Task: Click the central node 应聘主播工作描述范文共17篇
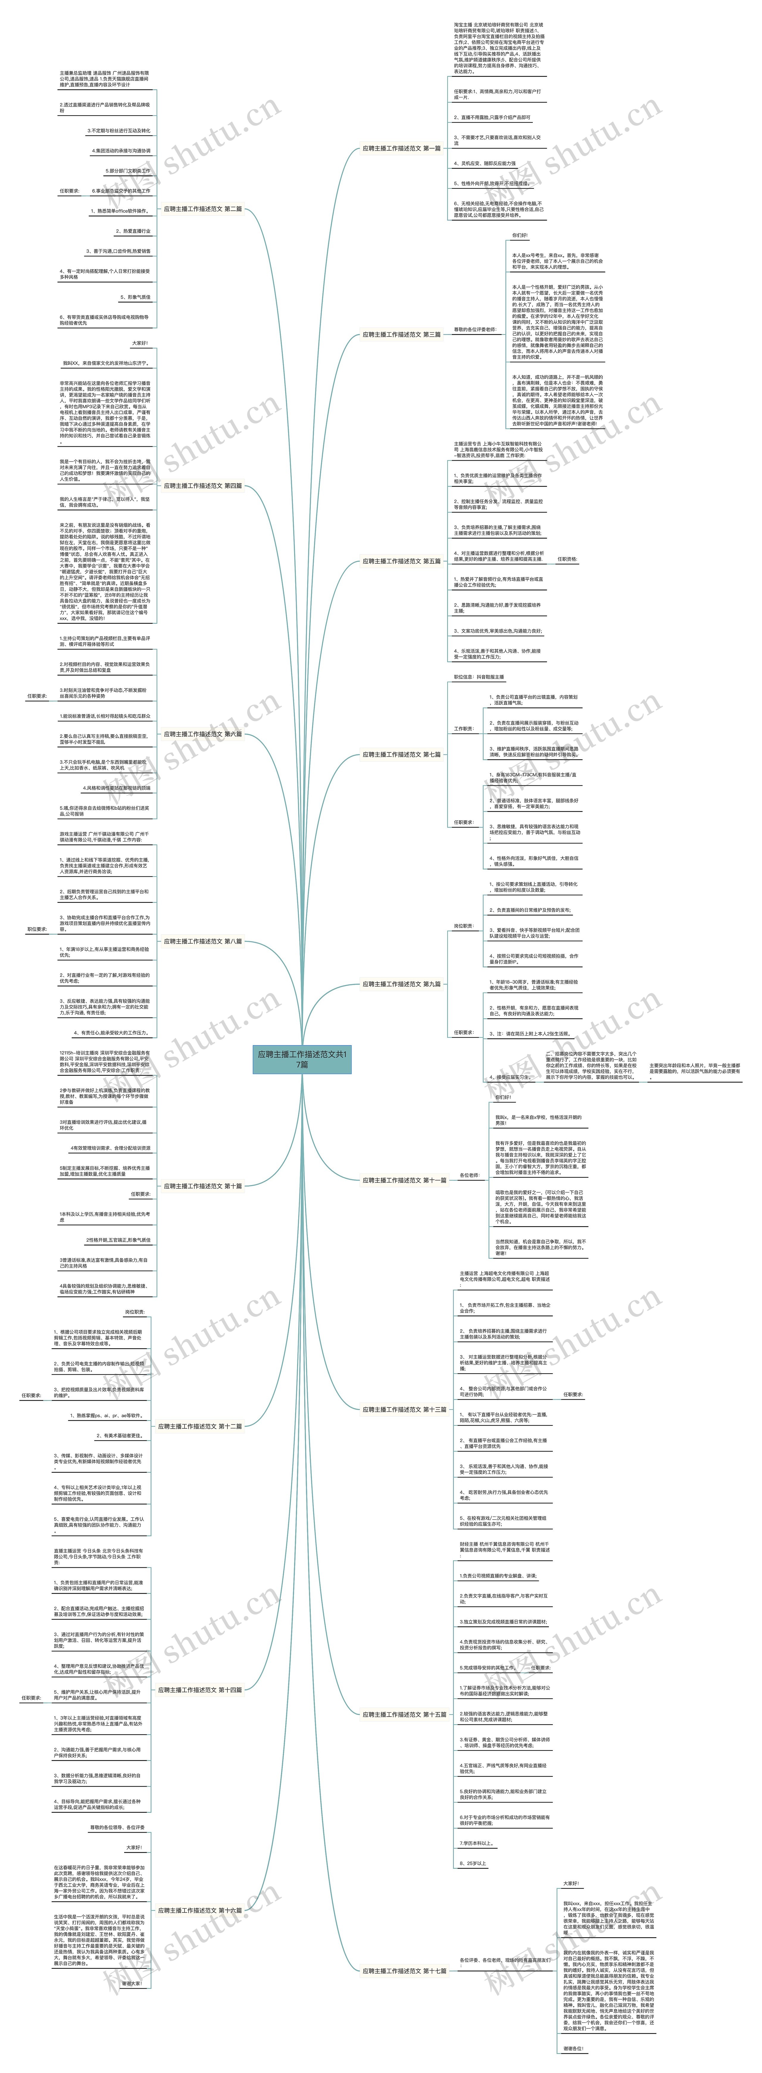pyautogui.click(x=302, y=1058)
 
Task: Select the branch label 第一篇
pyautogui.click(x=402, y=148)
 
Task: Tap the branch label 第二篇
pyautogui.click(x=203, y=208)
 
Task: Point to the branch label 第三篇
pyautogui.click(x=402, y=334)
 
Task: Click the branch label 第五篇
pyautogui.click(x=402, y=561)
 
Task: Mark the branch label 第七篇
pyautogui.click(x=402, y=754)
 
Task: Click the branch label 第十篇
pyautogui.click(x=203, y=1185)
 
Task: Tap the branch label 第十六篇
pyautogui.click(x=199, y=1910)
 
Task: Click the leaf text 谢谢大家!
pyautogui.click(x=131, y=1984)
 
